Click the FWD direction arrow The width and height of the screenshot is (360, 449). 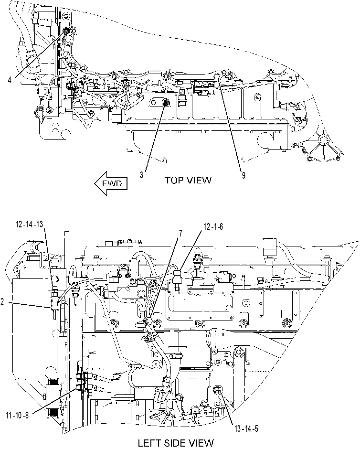click(111, 183)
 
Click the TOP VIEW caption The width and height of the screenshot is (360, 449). click(188, 180)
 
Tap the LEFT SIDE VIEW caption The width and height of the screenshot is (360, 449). click(176, 443)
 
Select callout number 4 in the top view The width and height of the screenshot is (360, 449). click(10, 80)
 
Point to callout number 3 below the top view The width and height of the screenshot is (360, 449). click(142, 175)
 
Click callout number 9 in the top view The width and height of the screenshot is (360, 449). click(244, 175)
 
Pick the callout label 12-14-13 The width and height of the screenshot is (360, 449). click(30, 224)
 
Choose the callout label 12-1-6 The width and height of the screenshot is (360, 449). click(213, 227)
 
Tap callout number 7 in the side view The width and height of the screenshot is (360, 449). click(180, 234)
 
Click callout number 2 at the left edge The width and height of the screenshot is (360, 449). click(2, 301)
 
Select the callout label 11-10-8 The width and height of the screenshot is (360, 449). click(17, 415)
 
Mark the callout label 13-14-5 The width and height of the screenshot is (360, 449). click(246, 428)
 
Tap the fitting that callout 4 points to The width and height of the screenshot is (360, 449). click(66, 30)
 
